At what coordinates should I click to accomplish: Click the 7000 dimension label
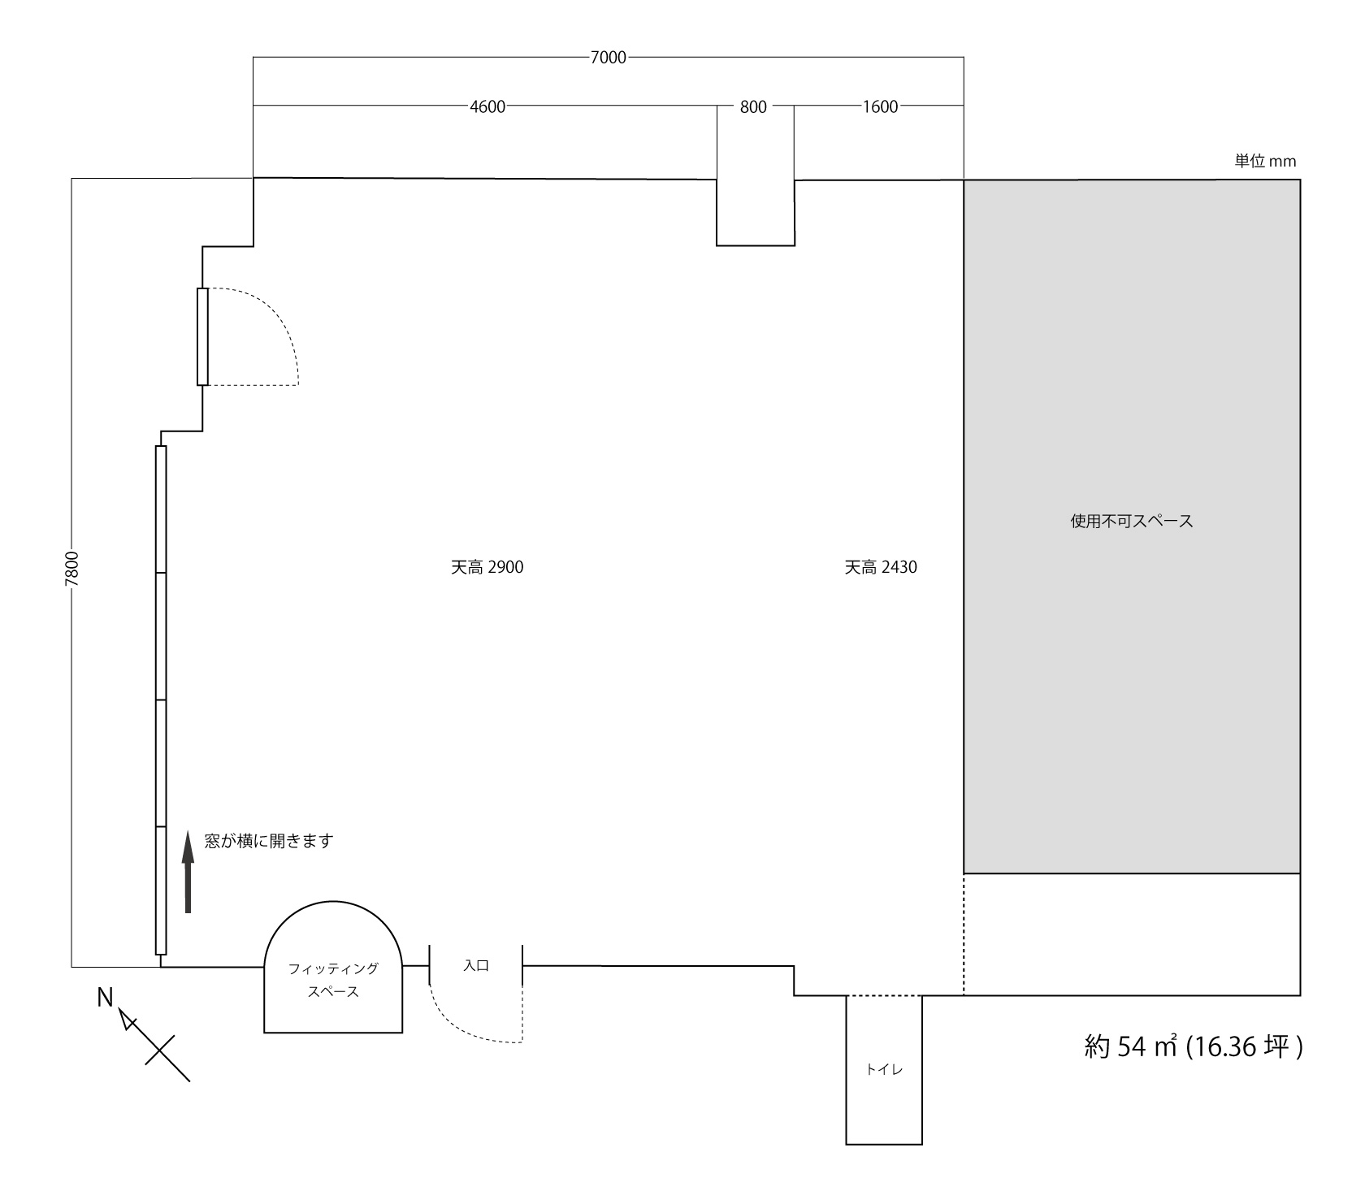(x=609, y=57)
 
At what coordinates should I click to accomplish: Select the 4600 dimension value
(x=487, y=106)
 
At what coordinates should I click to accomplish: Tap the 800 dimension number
(x=753, y=106)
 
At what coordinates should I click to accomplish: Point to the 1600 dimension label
(x=880, y=106)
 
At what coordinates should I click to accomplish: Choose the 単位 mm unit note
(x=1265, y=161)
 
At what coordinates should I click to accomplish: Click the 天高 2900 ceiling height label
(x=487, y=567)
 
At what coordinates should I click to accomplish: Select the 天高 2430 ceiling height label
(x=881, y=567)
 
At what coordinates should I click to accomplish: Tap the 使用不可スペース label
(x=1132, y=521)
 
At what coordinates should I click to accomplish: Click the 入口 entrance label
(x=476, y=966)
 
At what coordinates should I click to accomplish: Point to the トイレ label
(x=884, y=1069)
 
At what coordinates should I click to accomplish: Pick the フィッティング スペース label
(x=333, y=980)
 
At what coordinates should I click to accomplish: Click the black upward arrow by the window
(x=188, y=872)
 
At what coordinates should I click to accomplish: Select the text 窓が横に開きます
(x=269, y=841)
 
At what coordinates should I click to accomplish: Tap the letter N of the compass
(x=105, y=997)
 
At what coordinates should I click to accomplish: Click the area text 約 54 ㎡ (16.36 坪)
(x=1194, y=1046)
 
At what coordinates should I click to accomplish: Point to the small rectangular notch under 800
(x=756, y=212)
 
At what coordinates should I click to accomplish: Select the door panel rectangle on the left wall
(x=202, y=336)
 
